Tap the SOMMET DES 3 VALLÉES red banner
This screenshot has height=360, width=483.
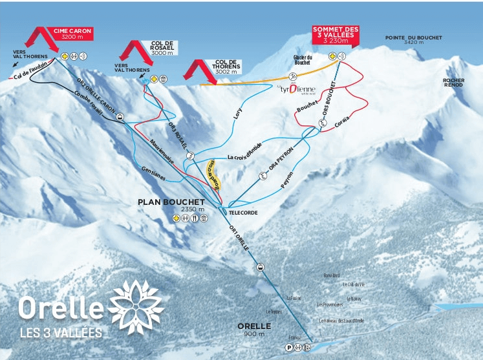click(335, 35)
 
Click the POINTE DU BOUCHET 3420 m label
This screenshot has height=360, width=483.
click(413, 40)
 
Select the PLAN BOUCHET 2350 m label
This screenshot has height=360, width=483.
click(171, 205)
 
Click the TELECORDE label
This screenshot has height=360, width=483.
click(241, 212)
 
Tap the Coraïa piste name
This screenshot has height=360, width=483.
click(343, 121)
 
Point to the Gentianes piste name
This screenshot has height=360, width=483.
click(153, 171)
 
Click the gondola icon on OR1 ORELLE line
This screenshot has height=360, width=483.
click(260, 268)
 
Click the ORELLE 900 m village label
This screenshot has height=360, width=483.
click(250, 330)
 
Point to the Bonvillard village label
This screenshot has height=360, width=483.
click(332, 275)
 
